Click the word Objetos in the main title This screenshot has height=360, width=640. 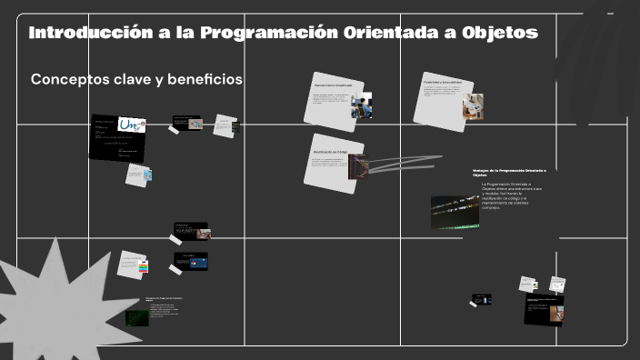pos(500,34)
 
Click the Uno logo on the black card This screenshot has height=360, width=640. pos(132,125)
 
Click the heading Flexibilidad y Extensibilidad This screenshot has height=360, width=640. pos(445,81)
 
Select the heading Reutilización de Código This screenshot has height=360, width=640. pos(331,152)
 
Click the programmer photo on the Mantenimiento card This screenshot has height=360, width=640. pos(362,107)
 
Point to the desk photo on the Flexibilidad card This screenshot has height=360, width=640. pos(472,105)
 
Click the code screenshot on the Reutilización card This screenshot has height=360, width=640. pos(360,167)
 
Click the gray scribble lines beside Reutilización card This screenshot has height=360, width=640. pos(400,164)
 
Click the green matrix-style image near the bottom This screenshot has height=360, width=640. pos(137,318)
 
